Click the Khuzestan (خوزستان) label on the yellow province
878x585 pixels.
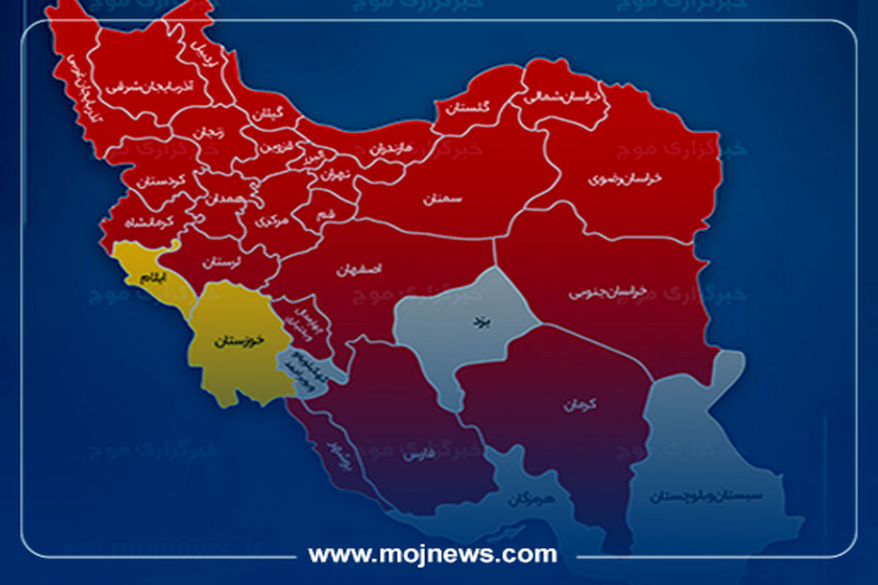tap(237, 341)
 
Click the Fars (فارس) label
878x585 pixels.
tap(414, 456)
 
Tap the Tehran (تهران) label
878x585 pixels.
tap(331, 175)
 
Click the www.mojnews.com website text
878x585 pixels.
tap(432, 553)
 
